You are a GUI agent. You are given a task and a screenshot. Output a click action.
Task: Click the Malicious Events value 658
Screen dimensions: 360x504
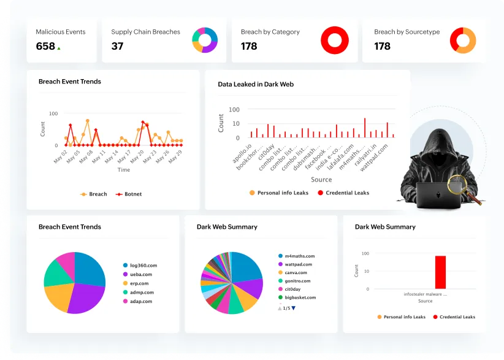(x=45, y=46)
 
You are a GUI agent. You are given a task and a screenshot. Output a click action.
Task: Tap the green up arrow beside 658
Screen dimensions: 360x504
(x=59, y=48)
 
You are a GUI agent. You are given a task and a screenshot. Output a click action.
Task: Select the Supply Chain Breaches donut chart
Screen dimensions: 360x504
(x=205, y=40)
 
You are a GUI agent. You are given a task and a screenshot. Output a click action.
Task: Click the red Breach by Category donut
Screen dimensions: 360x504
(x=334, y=40)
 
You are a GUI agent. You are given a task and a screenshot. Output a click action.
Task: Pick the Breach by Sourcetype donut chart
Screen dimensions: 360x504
(x=463, y=40)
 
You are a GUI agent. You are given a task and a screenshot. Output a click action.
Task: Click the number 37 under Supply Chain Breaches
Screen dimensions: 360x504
(x=117, y=46)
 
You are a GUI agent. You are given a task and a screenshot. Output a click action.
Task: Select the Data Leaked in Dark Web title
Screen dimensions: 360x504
(x=256, y=84)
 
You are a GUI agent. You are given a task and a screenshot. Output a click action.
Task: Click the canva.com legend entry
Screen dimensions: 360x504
(x=295, y=272)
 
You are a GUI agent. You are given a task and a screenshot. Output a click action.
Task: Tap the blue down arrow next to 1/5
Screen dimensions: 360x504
(x=294, y=308)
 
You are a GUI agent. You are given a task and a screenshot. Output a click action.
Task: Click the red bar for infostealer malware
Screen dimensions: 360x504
(x=440, y=272)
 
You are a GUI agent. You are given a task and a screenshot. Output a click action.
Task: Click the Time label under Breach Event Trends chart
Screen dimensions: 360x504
(x=124, y=170)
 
